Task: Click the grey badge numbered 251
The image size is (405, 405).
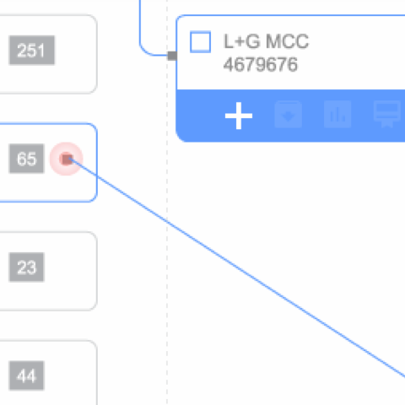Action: (x=32, y=51)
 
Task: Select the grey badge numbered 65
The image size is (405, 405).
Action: (x=27, y=159)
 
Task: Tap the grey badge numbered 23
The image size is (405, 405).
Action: (x=27, y=267)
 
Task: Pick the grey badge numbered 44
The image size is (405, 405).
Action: (x=27, y=375)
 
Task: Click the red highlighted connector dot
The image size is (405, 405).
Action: (x=67, y=159)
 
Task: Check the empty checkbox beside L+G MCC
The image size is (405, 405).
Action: (x=200, y=42)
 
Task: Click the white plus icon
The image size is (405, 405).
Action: (x=239, y=116)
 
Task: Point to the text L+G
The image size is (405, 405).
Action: (x=241, y=41)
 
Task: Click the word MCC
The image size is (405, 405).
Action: (x=287, y=41)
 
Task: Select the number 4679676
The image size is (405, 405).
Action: (x=261, y=64)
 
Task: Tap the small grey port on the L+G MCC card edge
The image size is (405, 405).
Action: (x=172, y=56)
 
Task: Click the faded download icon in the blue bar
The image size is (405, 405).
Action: (x=288, y=115)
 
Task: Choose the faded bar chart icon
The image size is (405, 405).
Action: (x=337, y=115)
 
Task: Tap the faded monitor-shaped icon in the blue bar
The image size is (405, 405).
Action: (x=387, y=113)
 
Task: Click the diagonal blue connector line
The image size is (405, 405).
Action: (x=236, y=267)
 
